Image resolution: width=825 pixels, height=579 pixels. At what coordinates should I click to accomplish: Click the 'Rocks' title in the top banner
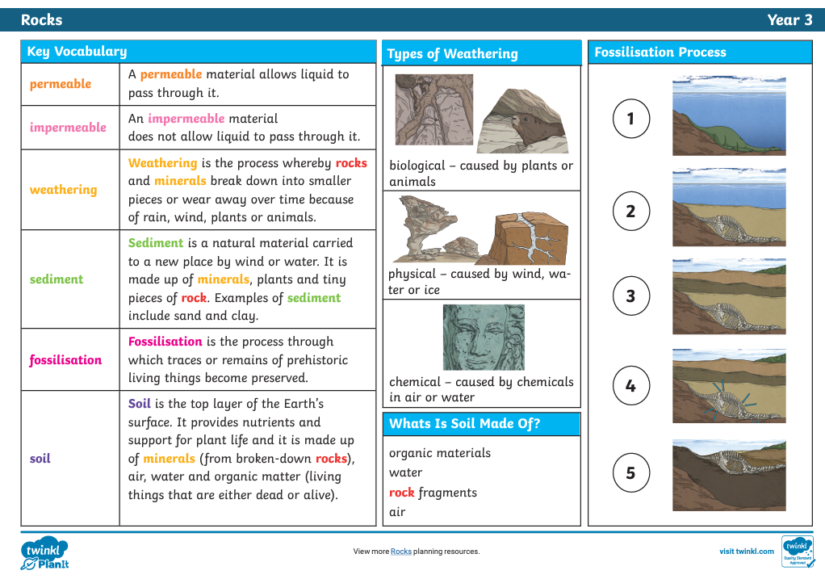click(41, 20)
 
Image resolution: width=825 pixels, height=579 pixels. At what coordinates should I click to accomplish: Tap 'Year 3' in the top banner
click(789, 20)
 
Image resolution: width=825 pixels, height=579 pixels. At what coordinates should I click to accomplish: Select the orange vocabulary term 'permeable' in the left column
click(61, 84)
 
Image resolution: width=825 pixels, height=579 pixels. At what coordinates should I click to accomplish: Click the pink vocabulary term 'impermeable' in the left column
click(68, 128)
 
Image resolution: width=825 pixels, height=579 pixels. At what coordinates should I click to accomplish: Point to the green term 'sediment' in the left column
click(57, 279)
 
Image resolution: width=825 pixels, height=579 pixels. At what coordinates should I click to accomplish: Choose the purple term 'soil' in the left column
click(40, 459)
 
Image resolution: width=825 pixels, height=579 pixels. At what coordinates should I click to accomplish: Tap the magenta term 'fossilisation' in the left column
click(65, 360)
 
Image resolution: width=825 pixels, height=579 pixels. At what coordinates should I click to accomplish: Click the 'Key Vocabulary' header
click(77, 52)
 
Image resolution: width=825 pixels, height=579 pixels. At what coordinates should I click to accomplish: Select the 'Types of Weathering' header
click(452, 54)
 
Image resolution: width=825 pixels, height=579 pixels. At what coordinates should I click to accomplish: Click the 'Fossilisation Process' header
click(660, 52)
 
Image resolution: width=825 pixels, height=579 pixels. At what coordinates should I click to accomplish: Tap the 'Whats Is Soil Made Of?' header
click(464, 424)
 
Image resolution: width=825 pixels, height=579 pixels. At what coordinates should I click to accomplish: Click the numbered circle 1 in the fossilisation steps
click(630, 120)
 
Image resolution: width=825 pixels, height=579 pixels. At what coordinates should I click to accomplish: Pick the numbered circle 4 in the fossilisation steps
click(630, 386)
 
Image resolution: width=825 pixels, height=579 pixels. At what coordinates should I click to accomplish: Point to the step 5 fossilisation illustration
click(729, 475)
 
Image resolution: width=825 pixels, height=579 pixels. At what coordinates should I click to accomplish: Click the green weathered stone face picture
click(484, 337)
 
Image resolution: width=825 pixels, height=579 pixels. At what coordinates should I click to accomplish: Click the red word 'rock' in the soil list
click(401, 493)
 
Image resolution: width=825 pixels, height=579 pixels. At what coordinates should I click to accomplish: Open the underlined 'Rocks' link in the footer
click(401, 552)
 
